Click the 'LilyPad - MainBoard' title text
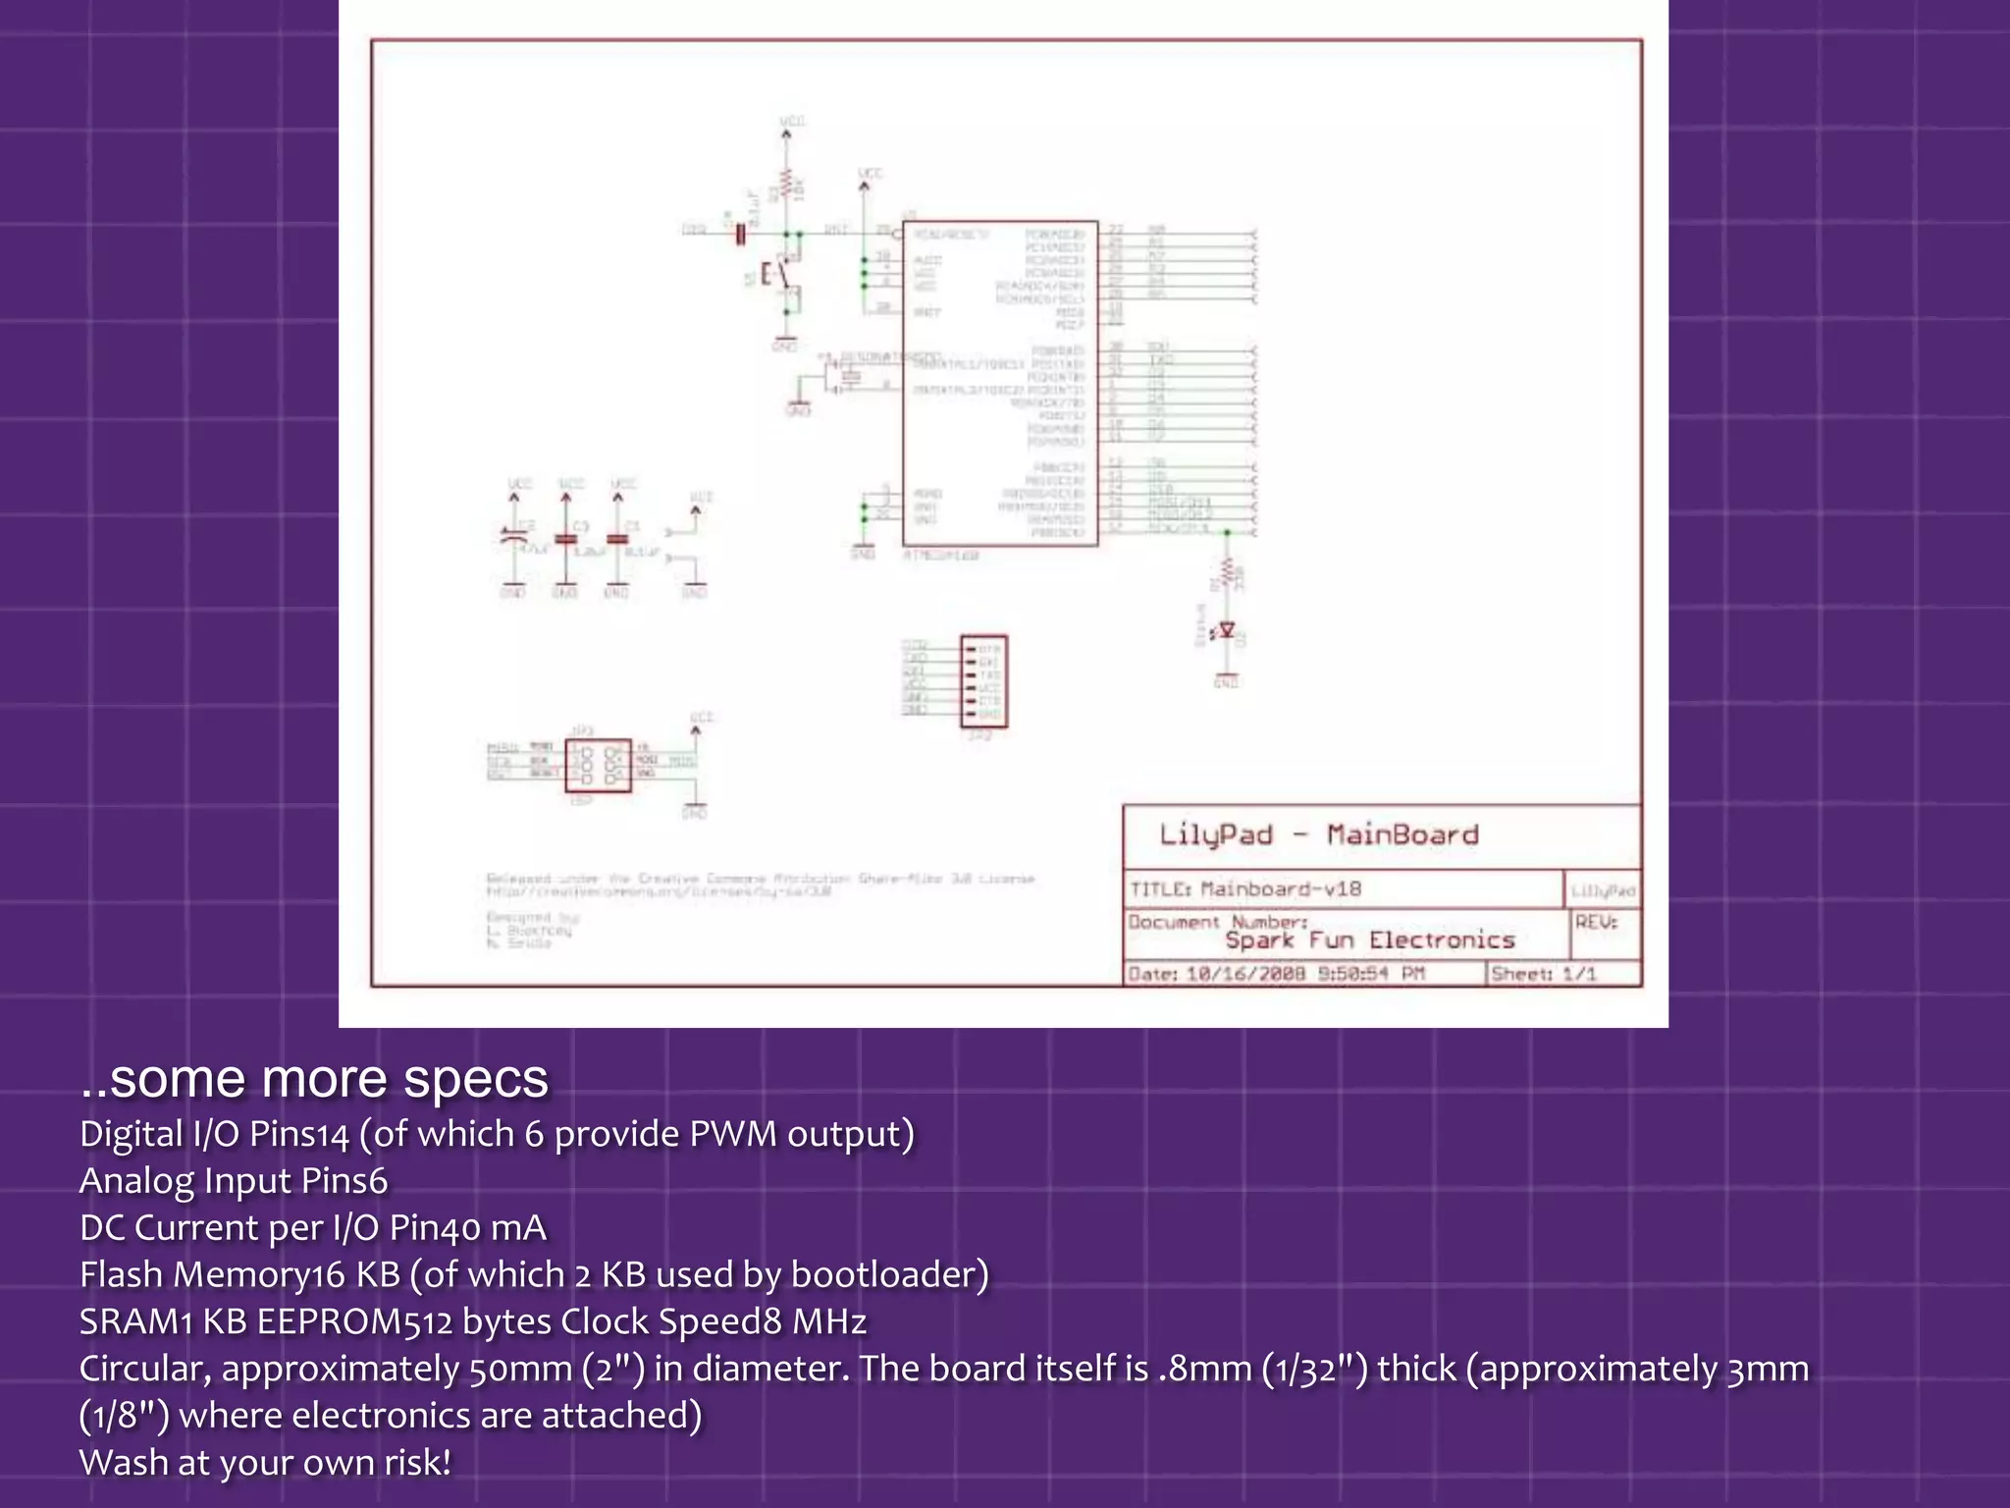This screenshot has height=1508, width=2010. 1317,835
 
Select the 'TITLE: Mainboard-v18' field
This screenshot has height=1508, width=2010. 1244,889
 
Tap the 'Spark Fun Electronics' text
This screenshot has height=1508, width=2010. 1369,941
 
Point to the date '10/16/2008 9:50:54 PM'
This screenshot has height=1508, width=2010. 1304,974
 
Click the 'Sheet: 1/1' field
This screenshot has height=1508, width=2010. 1543,974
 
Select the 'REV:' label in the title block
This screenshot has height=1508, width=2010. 1596,922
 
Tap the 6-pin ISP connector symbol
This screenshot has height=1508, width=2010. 598,766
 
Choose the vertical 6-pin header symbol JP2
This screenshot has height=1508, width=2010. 984,681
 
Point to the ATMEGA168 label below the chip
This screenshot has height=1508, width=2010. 940,556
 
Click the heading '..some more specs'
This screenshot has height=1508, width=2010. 314,1078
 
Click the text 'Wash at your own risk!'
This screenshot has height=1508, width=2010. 265,1463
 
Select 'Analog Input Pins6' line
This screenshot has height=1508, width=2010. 234,1181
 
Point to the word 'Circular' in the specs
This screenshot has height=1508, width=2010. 144,1369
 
